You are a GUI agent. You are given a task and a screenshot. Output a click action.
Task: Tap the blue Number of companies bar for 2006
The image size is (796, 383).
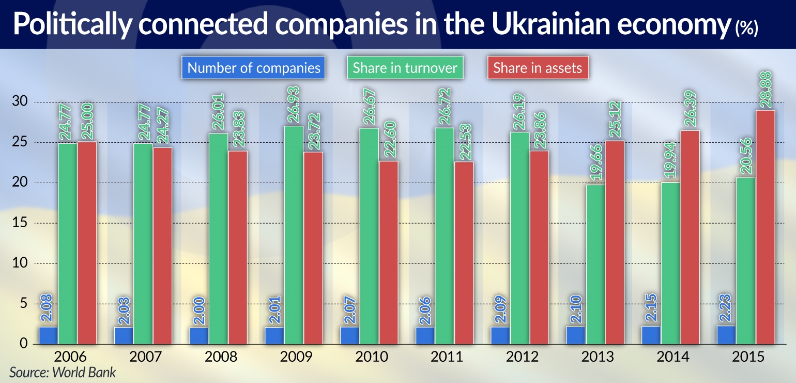[x=48, y=335]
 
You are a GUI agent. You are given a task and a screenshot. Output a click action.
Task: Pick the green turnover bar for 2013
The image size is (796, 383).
[x=596, y=264]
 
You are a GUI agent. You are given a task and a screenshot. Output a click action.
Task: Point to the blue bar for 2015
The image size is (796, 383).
[x=726, y=334]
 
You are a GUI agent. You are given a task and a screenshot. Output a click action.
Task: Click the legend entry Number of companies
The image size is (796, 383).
[x=253, y=68]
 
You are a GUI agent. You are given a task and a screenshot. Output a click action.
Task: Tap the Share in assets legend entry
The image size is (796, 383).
[x=537, y=68]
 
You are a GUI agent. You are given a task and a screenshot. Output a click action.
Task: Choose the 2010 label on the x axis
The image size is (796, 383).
[x=370, y=357]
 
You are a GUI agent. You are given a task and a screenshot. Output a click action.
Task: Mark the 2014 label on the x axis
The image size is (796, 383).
[x=671, y=357]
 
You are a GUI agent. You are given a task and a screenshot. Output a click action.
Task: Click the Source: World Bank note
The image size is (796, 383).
[x=63, y=372]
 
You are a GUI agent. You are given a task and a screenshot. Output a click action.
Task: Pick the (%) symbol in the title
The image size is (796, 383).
[x=746, y=29]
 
